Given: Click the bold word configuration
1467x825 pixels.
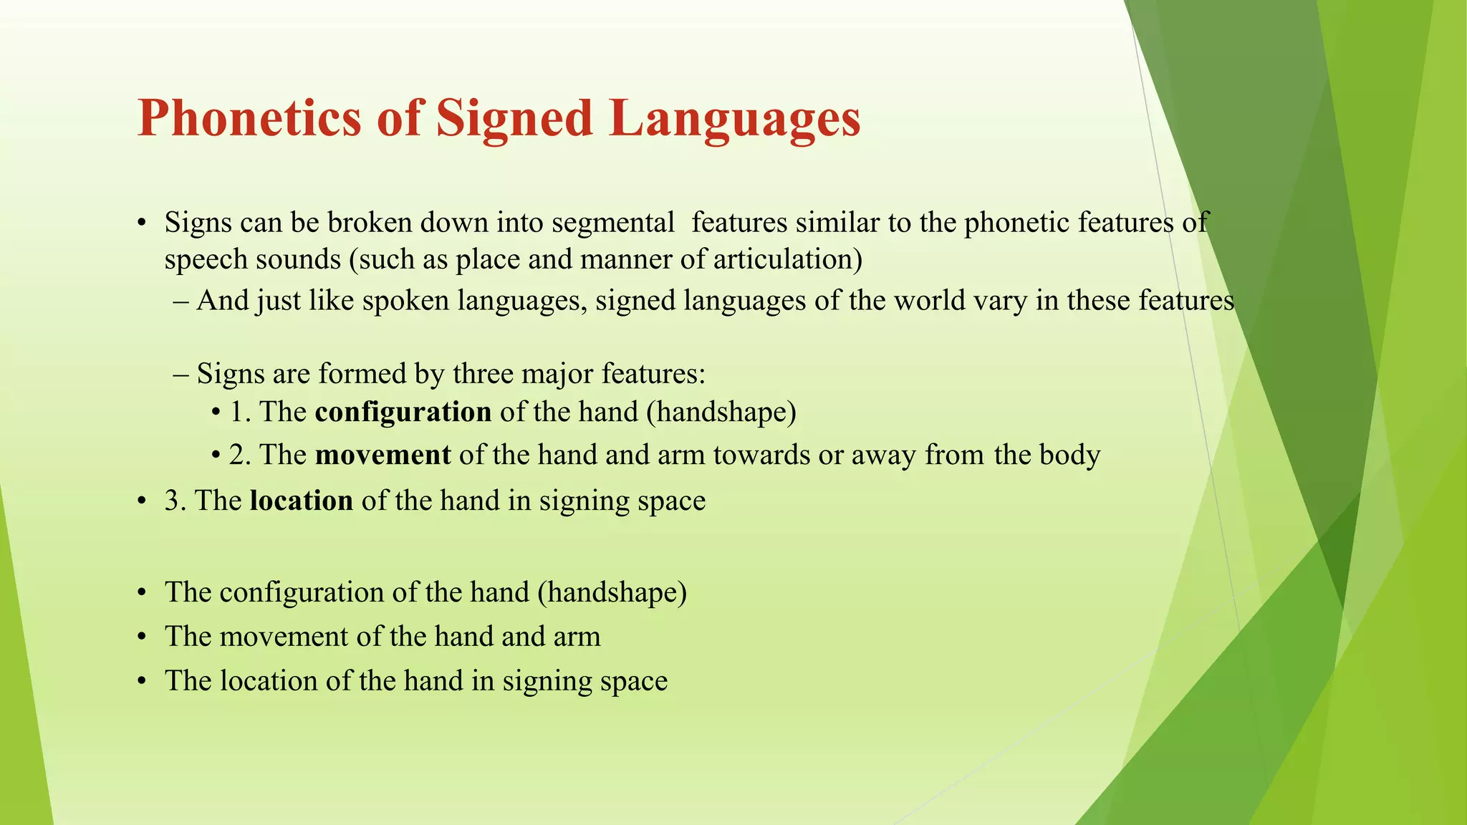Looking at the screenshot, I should click(x=403, y=412).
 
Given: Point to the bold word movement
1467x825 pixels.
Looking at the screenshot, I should click(x=383, y=455).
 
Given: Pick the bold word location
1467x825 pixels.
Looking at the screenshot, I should click(x=301, y=501).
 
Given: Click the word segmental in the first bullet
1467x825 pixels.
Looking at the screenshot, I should click(x=613, y=223).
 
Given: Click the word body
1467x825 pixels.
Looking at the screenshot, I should click(x=1070, y=455).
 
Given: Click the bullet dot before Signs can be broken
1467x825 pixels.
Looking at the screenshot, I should click(x=142, y=223).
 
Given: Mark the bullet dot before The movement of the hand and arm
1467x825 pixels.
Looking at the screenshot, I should click(x=142, y=637).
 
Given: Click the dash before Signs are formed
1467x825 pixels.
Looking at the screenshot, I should click(x=181, y=374).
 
